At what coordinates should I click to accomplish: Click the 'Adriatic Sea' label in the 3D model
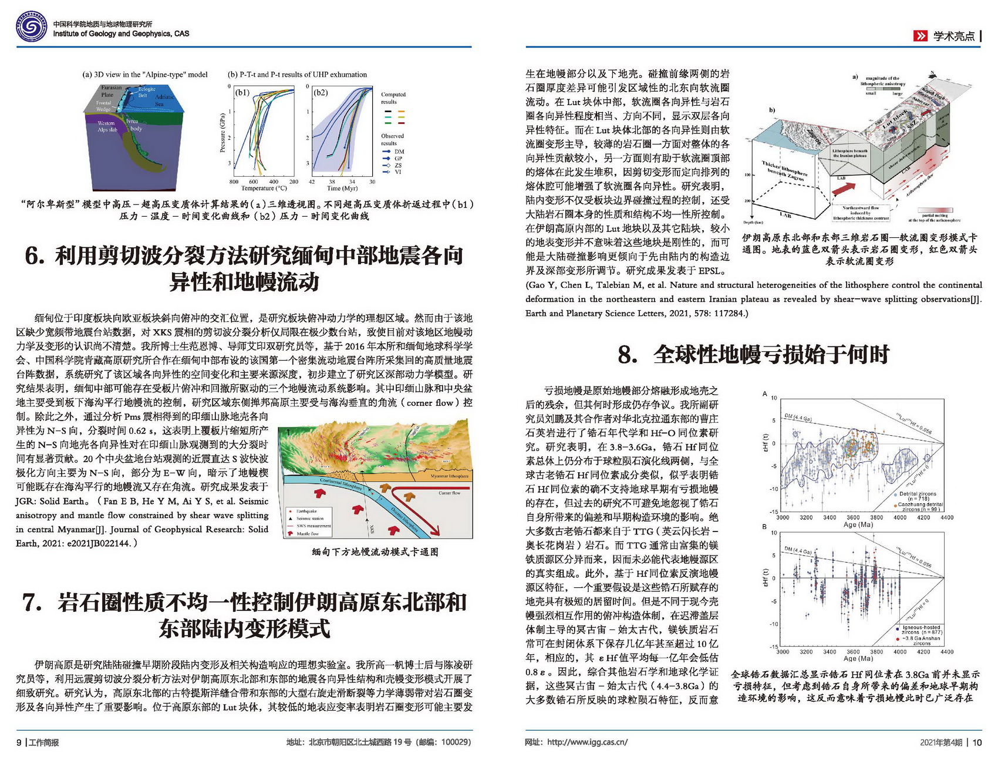coord(163,100)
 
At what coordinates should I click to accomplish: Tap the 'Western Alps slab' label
coord(107,126)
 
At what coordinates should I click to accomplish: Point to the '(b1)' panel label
coord(242,93)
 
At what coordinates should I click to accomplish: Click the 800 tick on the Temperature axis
coord(234,181)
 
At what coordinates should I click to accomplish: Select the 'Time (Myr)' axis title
coord(342,189)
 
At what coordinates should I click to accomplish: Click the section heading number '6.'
coord(35,256)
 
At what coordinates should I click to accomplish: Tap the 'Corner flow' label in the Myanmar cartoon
coord(449,493)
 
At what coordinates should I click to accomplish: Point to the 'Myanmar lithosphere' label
coord(449,476)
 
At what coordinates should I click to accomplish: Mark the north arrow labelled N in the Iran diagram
coord(932,75)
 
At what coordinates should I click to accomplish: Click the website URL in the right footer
coord(586,742)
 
